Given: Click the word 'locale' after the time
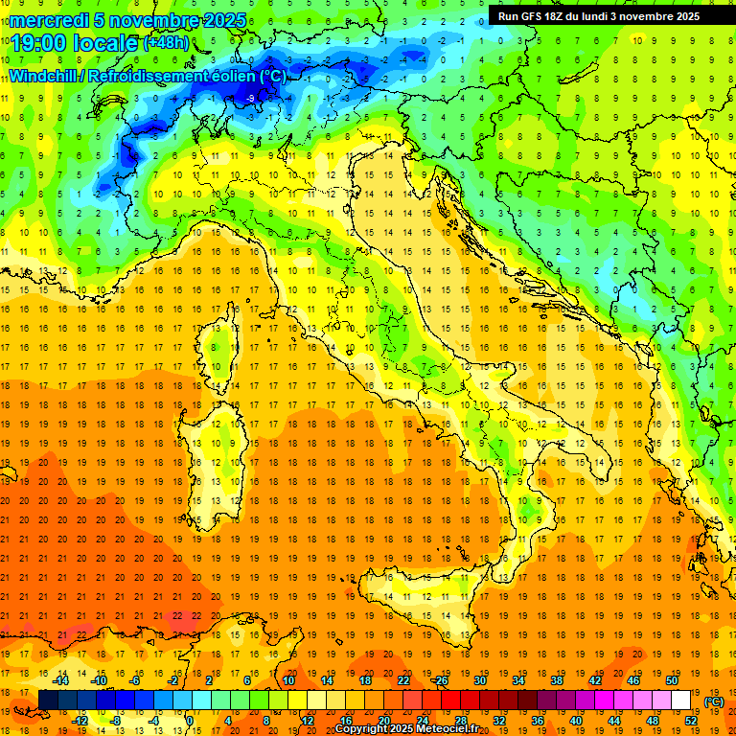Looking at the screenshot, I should point(106,42).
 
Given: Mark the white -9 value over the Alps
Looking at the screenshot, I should point(250,98).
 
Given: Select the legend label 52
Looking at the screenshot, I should point(691,721).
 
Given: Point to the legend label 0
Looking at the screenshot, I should point(190,721).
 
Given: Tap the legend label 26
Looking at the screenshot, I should point(442,680).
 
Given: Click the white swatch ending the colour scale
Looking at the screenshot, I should point(680,701).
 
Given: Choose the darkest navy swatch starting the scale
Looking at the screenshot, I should point(48,701).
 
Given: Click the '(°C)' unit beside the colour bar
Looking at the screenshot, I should point(714,701).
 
